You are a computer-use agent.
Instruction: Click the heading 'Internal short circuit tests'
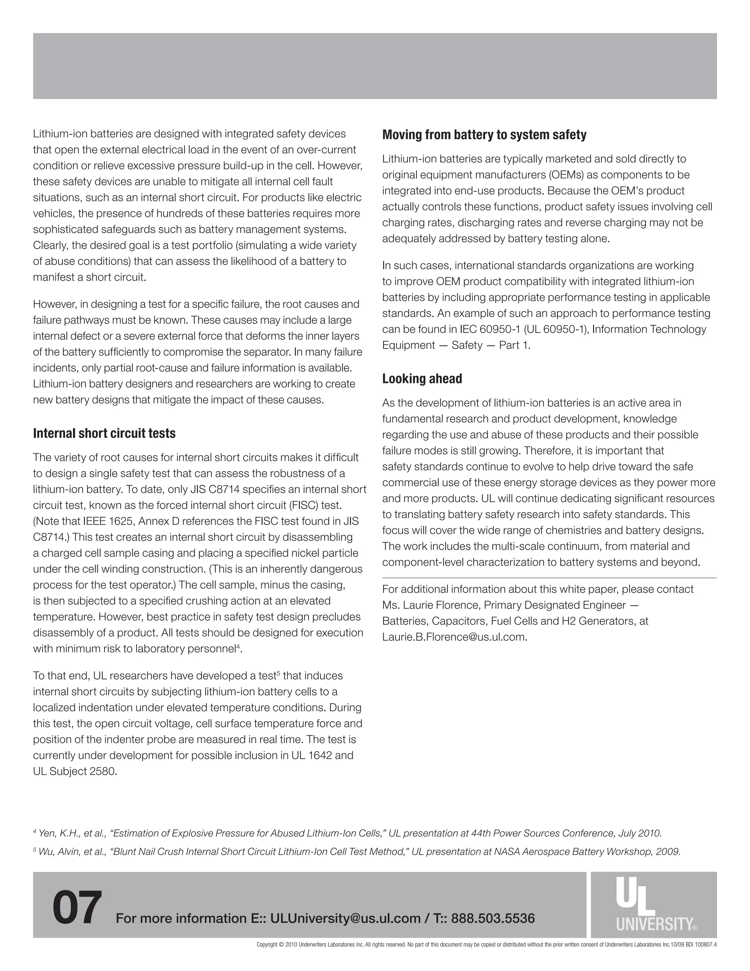tap(104, 433)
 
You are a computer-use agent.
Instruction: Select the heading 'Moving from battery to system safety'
tap(484, 135)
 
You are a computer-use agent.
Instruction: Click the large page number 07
tap(77, 907)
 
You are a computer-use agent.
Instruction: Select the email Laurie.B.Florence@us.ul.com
tap(454, 637)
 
